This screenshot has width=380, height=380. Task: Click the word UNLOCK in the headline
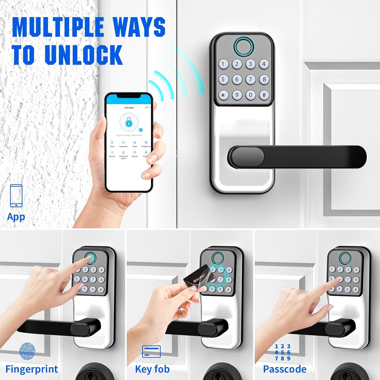84,54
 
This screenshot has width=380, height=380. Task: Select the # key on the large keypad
264,95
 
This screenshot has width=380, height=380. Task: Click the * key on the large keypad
223,95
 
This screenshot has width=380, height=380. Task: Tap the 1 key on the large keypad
223,64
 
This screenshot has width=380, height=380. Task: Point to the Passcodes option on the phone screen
123,144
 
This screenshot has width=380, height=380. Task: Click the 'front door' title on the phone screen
129,108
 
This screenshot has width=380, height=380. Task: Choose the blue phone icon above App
16,196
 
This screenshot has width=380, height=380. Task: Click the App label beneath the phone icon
16,217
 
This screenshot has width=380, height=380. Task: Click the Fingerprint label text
32,369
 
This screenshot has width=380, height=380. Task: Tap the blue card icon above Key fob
151,351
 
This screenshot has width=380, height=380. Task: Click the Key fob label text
152,369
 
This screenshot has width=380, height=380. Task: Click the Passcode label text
284,369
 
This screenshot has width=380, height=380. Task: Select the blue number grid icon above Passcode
282,352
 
